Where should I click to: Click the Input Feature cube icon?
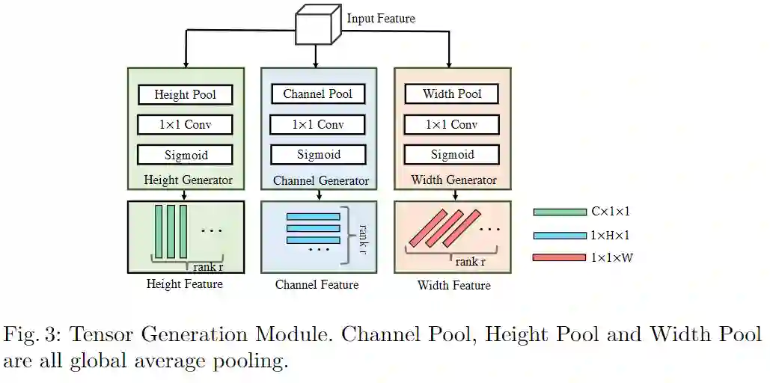point(315,25)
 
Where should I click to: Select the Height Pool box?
point(185,94)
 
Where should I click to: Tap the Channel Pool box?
point(318,94)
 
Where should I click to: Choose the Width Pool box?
point(452,94)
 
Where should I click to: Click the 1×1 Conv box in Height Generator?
point(185,124)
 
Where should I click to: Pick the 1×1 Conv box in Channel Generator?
point(318,124)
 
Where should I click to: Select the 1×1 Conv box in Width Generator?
point(452,124)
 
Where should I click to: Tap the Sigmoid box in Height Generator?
point(185,155)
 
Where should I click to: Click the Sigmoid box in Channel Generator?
point(318,155)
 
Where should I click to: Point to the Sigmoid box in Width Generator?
point(452,155)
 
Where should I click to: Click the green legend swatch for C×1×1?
point(560,212)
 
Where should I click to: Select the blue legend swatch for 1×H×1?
point(560,235)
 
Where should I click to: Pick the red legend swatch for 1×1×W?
point(560,258)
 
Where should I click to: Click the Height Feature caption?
point(184,284)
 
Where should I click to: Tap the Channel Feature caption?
point(317,285)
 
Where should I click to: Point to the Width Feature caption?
point(453,285)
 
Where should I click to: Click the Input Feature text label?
point(380,19)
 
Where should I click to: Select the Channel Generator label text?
point(320,181)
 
